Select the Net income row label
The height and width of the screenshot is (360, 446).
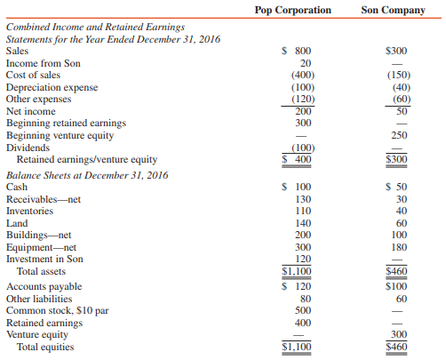(31, 111)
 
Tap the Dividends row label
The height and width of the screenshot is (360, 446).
(28, 147)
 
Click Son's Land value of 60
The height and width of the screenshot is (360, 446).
(396, 223)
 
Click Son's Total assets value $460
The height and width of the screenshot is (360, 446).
(395, 271)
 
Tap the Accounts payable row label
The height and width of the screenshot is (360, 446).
(44, 287)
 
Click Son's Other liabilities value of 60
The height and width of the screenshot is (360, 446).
(396, 300)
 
